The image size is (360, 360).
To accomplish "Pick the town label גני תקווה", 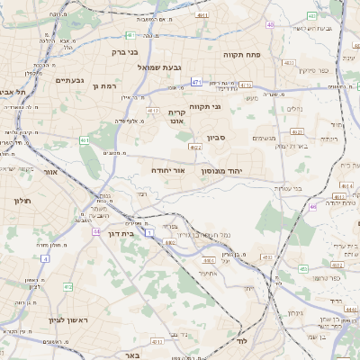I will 238,107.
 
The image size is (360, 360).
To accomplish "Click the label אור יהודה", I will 190,169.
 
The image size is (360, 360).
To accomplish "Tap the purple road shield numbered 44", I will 94,231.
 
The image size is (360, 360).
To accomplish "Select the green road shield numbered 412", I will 67,286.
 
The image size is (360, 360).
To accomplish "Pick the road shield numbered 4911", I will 203,15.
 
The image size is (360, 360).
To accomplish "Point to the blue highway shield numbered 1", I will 149,232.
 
